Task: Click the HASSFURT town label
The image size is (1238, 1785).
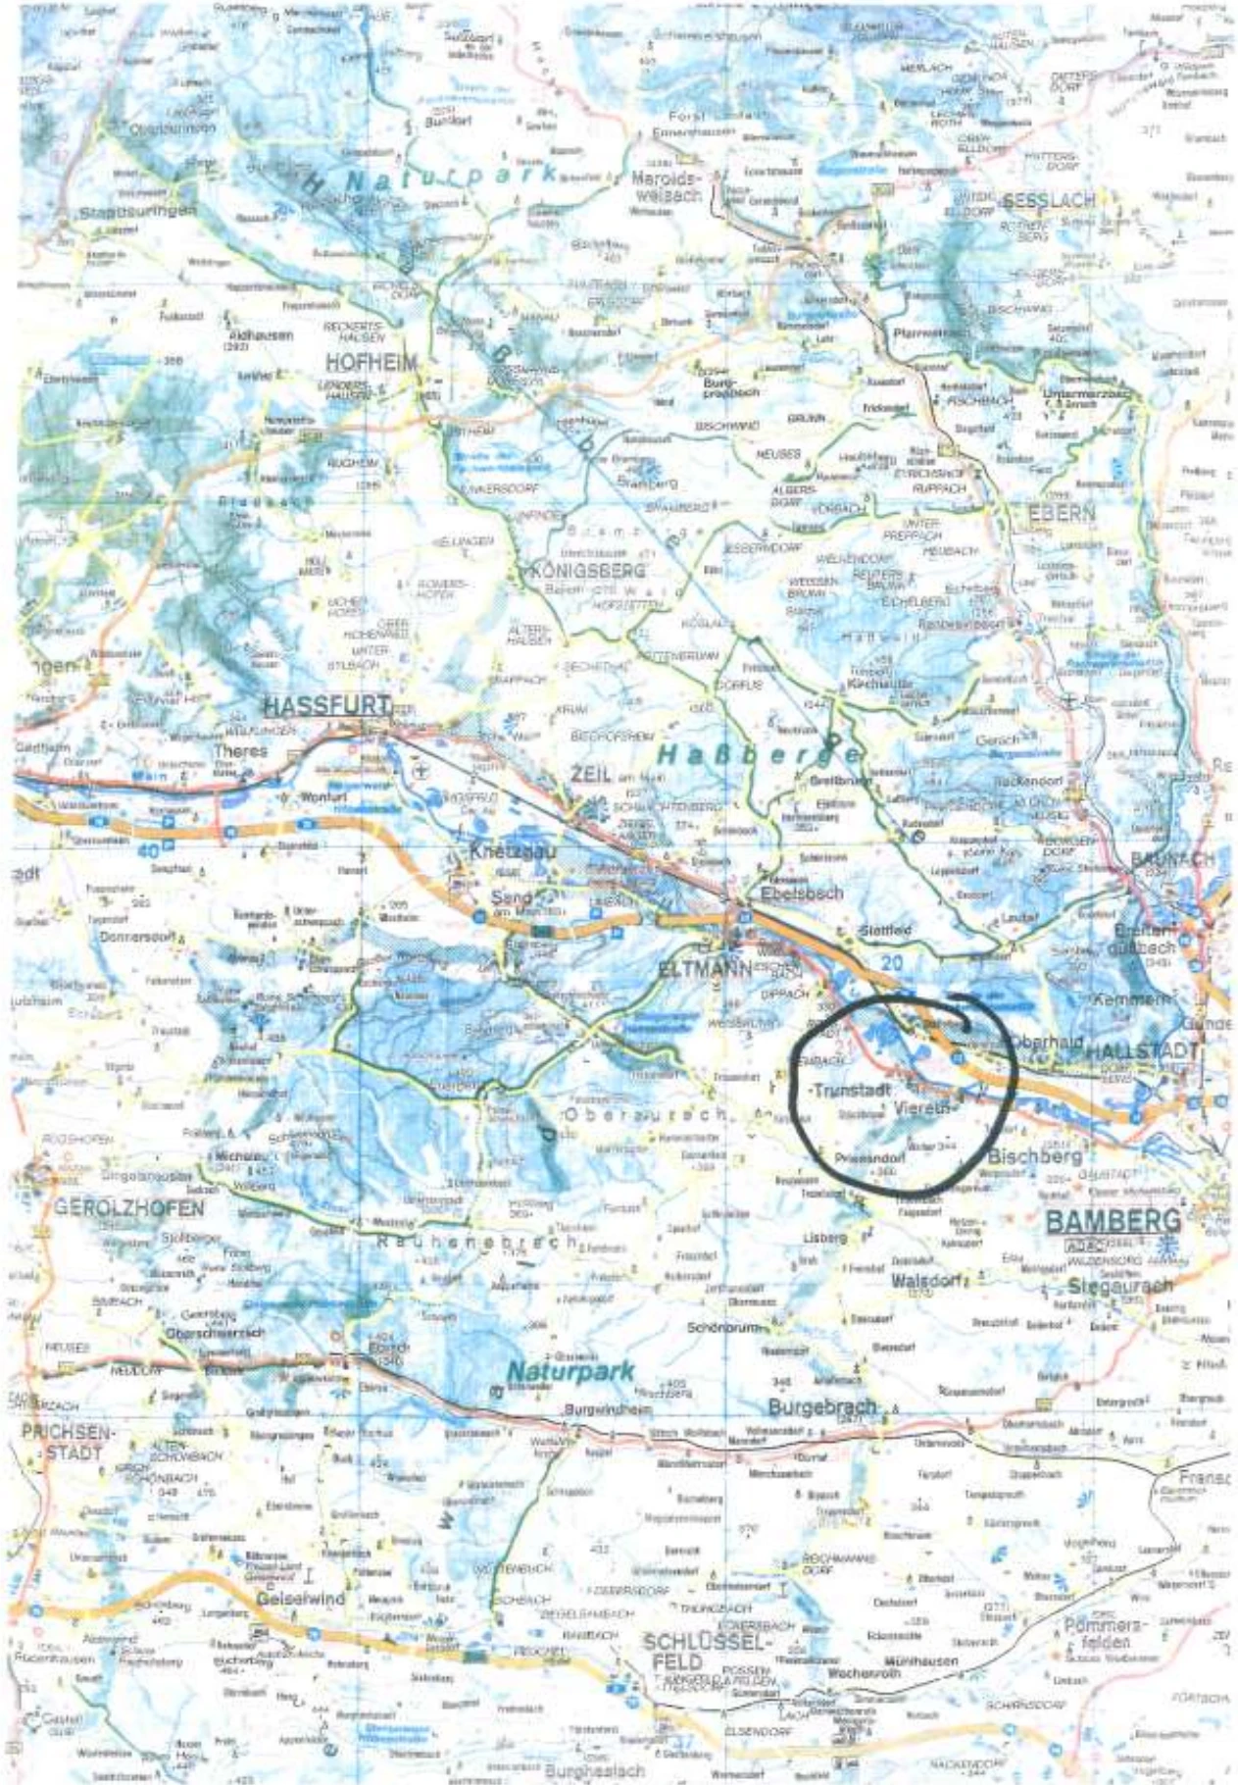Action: (326, 706)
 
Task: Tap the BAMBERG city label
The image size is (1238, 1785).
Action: (1114, 1221)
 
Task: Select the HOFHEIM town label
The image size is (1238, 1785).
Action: (371, 363)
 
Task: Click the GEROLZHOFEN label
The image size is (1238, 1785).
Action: (129, 1207)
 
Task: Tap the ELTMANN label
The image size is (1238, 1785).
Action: (704, 968)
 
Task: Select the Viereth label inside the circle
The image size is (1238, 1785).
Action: (922, 1108)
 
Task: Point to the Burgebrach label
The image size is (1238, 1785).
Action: (821, 1407)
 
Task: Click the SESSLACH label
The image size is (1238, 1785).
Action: (1048, 201)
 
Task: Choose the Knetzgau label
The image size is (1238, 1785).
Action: (513, 851)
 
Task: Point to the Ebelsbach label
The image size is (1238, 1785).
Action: (801, 893)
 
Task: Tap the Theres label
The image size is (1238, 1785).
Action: (240, 751)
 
